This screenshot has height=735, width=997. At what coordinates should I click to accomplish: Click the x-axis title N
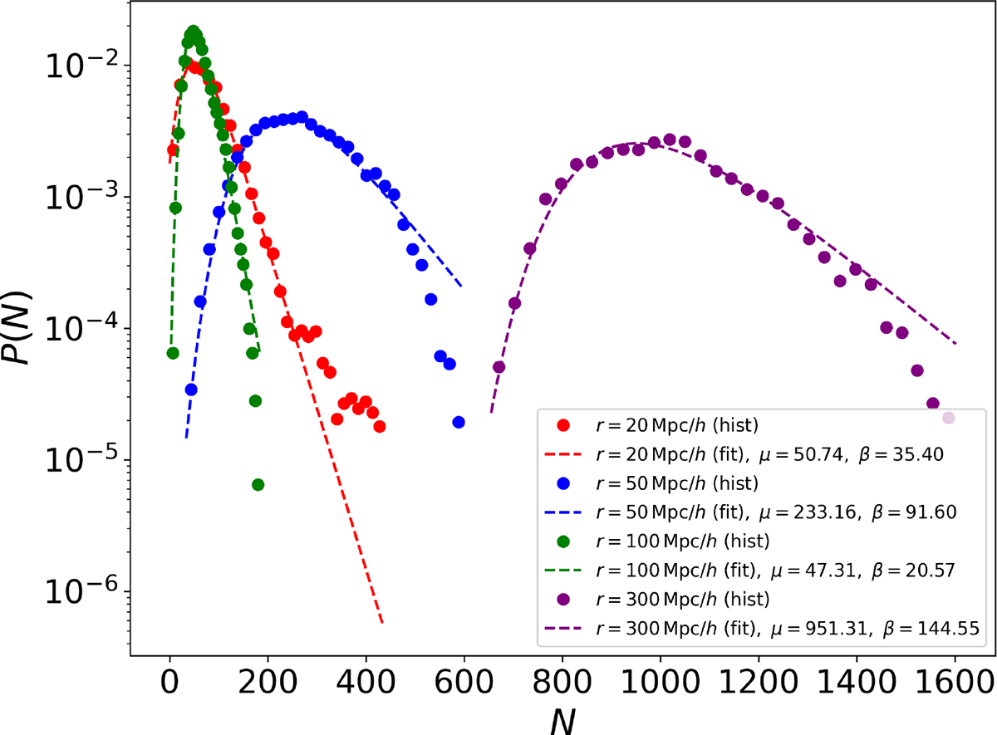click(x=562, y=719)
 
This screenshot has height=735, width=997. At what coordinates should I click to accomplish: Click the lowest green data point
click(x=258, y=484)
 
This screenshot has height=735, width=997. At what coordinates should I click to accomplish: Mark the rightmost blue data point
click(x=459, y=422)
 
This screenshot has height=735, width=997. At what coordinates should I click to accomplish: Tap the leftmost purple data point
click(x=499, y=366)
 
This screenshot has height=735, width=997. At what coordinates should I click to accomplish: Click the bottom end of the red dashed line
click(x=381, y=622)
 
